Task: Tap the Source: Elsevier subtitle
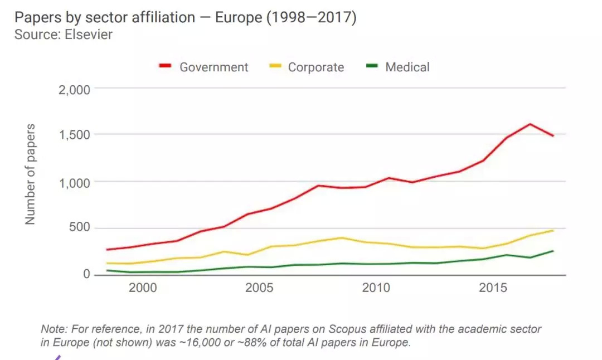(64, 35)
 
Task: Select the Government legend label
(213, 67)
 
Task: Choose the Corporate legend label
(315, 67)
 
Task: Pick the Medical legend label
(407, 67)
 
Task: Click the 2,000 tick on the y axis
(75, 89)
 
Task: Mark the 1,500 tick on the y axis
(75, 135)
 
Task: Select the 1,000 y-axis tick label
(75, 182)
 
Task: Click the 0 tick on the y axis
(86, 274)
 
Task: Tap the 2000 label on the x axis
(142, 288)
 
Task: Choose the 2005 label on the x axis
(259, 288)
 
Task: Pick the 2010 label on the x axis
(376, 288)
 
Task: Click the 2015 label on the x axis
(493, 288)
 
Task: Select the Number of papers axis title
(30, 174)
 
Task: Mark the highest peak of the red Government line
(530, 124)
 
